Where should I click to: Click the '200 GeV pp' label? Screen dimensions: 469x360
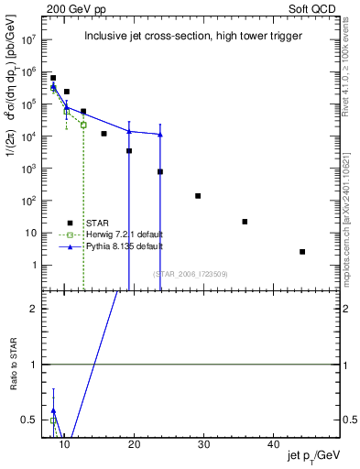70,8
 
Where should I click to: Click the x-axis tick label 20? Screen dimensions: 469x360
134,444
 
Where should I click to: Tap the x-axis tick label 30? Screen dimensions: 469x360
204,444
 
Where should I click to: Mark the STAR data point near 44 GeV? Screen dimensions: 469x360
302,252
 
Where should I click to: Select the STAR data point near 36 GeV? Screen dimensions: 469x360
245,222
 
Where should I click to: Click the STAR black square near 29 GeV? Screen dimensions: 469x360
198,196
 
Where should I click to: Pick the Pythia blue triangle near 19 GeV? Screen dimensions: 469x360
129,131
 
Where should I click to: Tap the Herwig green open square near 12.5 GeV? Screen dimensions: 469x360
83,125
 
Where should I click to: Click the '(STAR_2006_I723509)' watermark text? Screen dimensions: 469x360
190,274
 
